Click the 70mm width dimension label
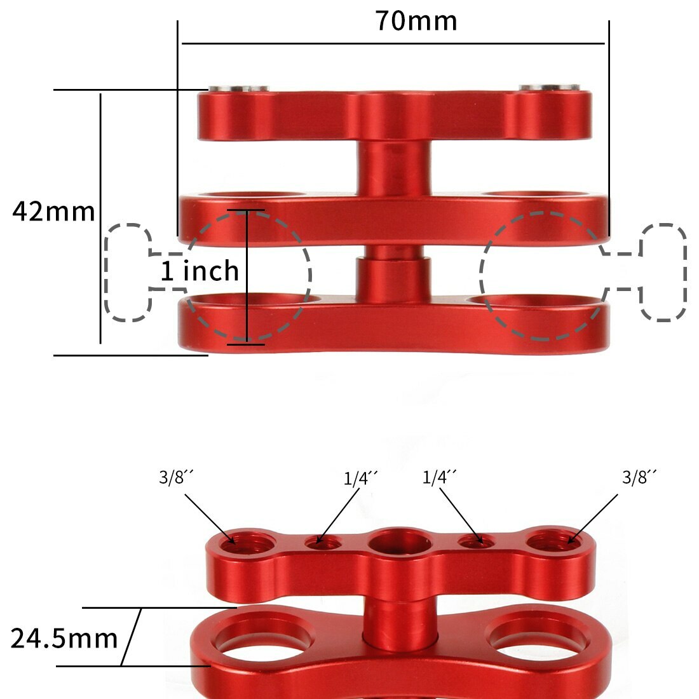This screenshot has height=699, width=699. tap(416, 21)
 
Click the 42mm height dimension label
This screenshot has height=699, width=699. tap(53, 211)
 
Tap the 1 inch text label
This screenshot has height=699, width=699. tap(200, 271)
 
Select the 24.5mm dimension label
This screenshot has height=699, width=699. tap(64, 638)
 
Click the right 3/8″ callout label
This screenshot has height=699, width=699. tap(639, 477)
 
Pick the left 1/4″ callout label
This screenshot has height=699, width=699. tap(361, 478)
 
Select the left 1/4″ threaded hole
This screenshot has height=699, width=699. tap(322, 542)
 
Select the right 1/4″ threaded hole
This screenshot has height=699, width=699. tap(476, 541)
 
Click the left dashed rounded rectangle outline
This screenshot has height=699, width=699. tap(128, 272)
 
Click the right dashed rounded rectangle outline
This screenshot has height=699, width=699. tap(663, 272)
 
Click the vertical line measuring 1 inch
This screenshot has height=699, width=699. tap(247, 276)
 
